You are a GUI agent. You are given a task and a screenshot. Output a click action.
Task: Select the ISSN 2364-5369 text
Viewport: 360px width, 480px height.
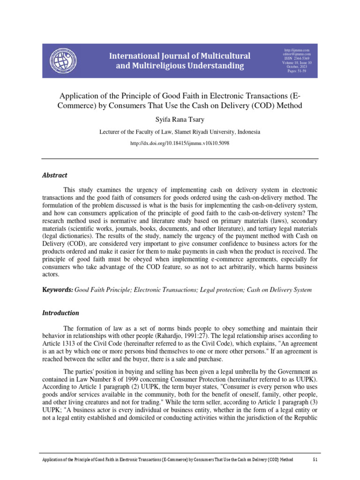pyautogui.click(x=297, y=59)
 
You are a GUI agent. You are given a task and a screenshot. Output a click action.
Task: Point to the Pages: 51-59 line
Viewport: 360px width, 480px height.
pyautogui.click(x=297, y=71)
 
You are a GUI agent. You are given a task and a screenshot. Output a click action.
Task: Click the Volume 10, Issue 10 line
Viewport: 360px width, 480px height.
pyautogui.click(x=297, y=63)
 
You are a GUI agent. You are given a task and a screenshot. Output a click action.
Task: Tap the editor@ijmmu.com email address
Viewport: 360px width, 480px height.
pyautogui.click(x=297, y=54)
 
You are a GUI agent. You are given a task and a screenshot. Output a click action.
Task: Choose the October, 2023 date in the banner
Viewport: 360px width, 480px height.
pyautogui.click(x=297, y=67)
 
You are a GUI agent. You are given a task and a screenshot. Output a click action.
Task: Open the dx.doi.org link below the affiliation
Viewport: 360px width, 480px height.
pyautogui.click(x=180, y=143)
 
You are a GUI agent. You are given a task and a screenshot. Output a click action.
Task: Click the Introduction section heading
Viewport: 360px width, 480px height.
pyautogui.click(x=60, y=313)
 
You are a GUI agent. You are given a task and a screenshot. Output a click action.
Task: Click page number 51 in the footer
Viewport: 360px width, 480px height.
pyautogui.click(x=315, y=460)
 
